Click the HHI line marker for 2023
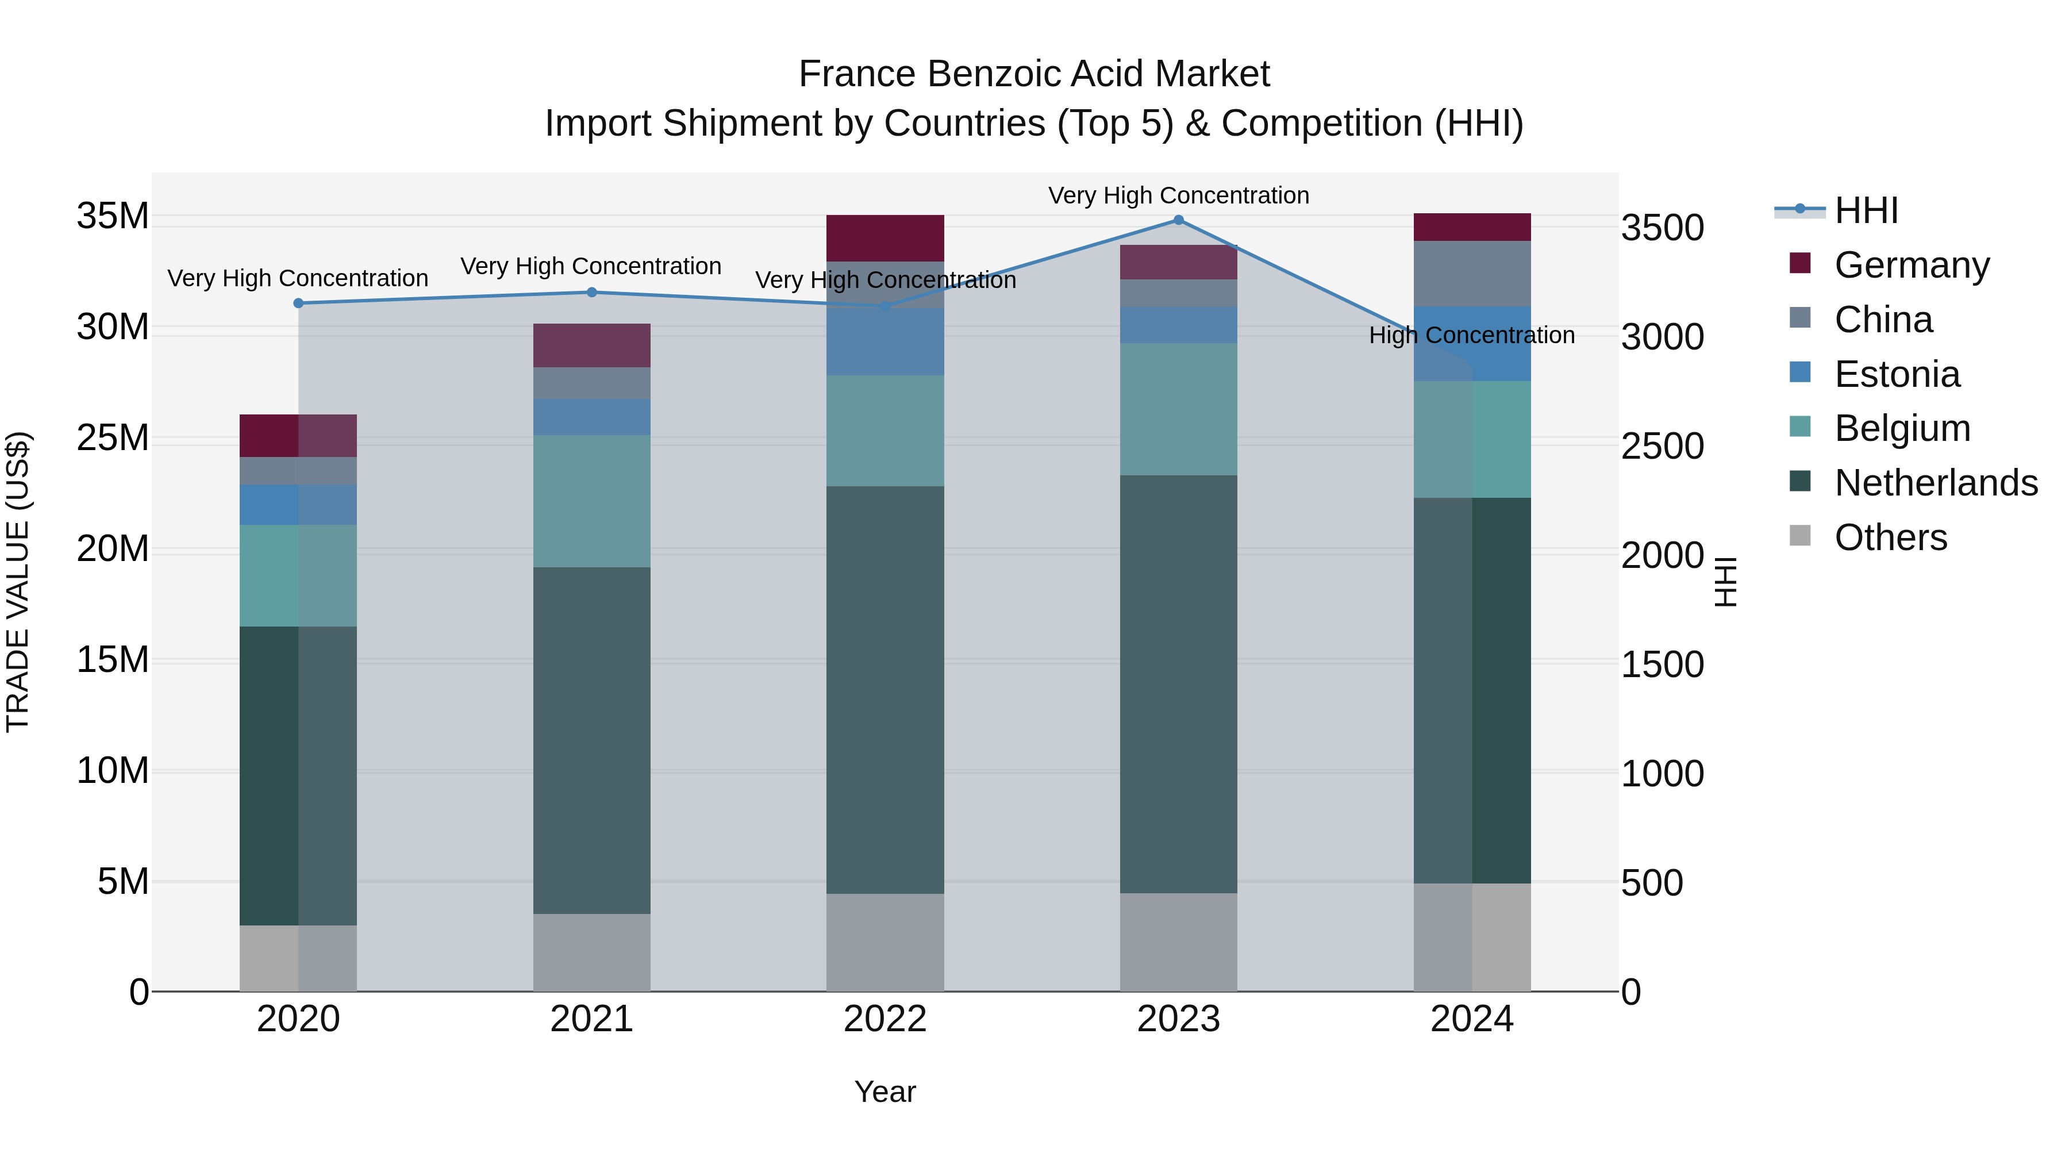[x=1178, y=220]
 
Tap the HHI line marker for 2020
[x=298, y=303]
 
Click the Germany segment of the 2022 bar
[x=885, y=238]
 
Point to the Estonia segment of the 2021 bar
[x=592, y=417]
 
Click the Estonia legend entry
[x=1897, y=374]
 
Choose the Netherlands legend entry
[x=1936, y=483]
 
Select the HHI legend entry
[x=1866, y=210]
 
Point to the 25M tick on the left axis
[x=113, y=439]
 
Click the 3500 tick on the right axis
[x=1662, y=228]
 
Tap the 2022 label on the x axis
[x=885, y=1019]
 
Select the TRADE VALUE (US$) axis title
[x=18, y=582]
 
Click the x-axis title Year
[x=885, y=1092]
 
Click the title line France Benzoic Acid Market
[x=1034, y=74]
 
